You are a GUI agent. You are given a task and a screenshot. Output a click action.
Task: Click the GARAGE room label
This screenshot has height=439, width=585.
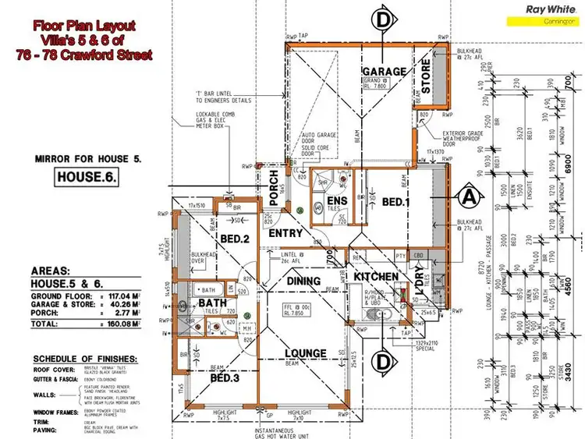coord(383,71)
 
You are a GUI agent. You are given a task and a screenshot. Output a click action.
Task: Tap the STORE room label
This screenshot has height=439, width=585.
coord(426,76)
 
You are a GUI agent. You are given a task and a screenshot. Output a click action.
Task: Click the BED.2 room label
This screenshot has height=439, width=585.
coord(233,239)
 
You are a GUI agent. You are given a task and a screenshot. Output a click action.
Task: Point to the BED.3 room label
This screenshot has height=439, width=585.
coord(225,379)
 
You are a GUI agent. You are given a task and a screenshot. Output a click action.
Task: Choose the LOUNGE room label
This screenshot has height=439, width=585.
coord(306,353)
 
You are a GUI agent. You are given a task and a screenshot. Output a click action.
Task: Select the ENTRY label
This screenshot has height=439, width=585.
coord(285,233)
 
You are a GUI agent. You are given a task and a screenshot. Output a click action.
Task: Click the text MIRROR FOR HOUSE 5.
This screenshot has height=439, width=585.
coord(87,158)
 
